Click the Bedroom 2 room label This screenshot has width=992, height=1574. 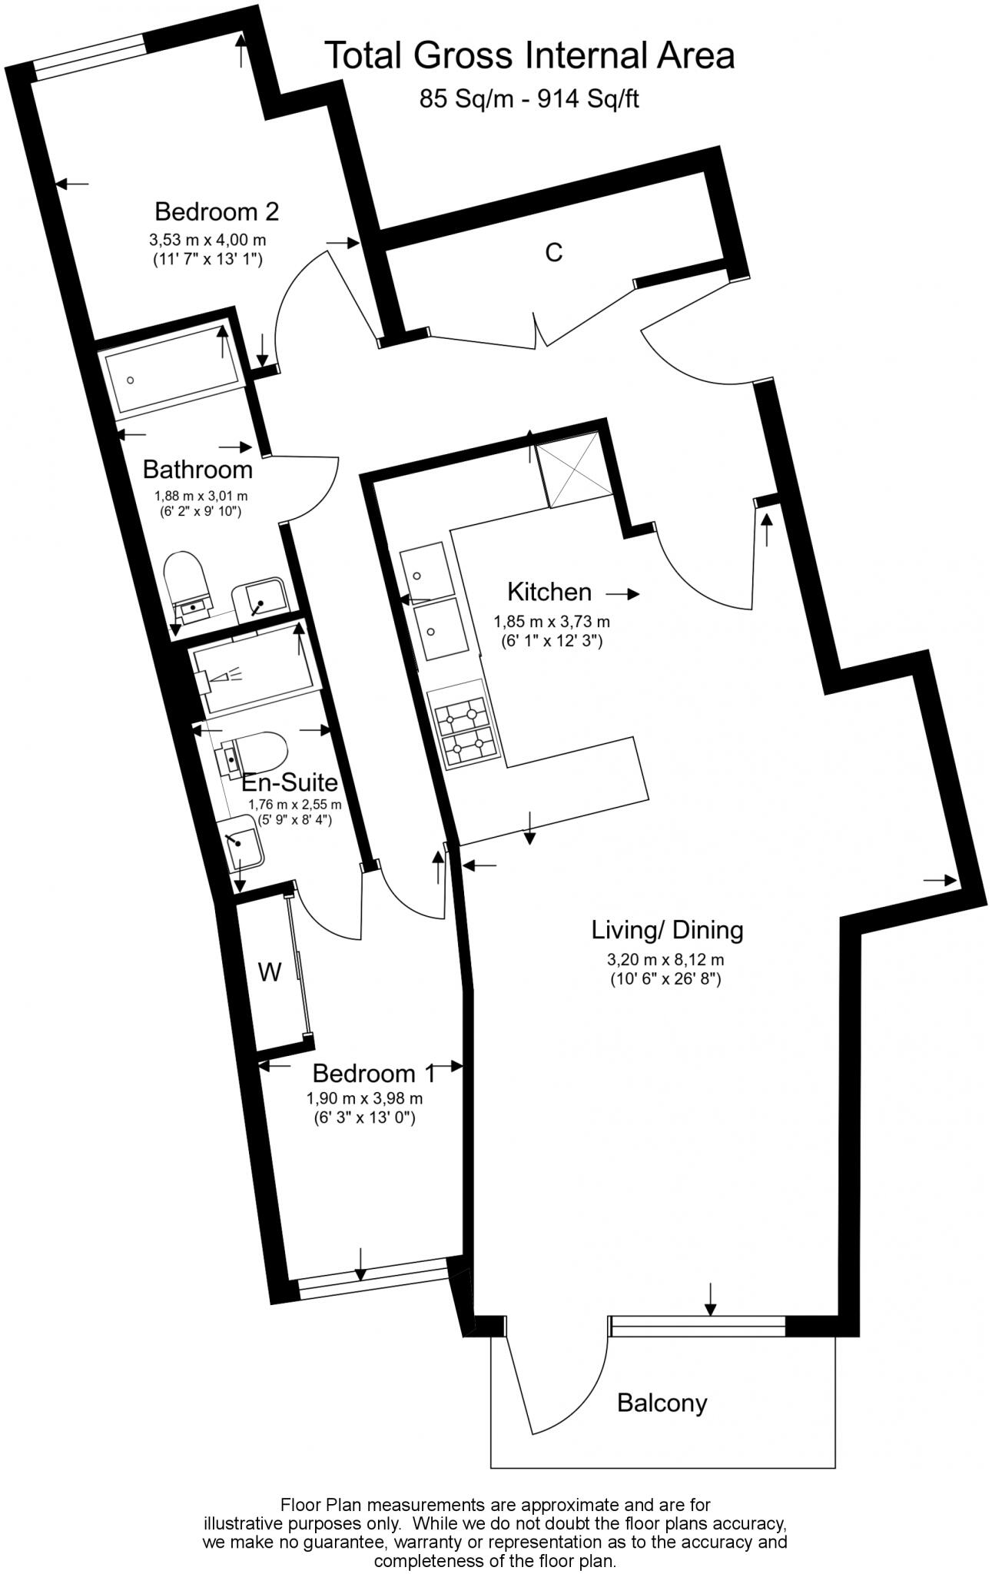point(217,211)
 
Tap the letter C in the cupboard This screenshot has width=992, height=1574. point(553,252)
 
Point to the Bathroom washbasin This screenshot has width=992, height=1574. point(262,599)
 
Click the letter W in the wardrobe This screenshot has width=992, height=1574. point(269,973)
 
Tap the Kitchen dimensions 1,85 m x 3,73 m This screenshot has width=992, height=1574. point(551,622)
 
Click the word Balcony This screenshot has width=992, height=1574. point(662,1403)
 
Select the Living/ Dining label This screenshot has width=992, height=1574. point(666,931)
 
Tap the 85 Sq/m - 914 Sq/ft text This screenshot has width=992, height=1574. point(529,98)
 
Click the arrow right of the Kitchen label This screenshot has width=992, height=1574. point(622,594)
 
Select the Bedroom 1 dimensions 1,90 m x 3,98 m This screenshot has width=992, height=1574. point(364,1098)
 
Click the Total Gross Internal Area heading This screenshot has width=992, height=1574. point(529,55)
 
